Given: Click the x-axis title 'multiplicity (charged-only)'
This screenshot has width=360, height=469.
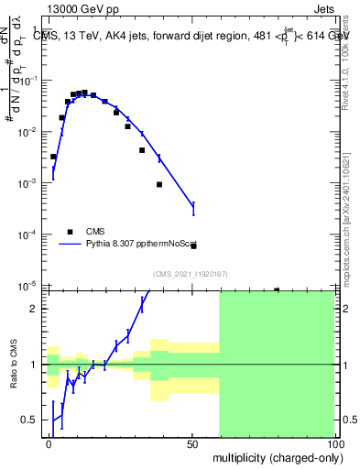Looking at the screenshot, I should tap(272, 456).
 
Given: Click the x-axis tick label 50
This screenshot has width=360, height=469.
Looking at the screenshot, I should tap(192, 442).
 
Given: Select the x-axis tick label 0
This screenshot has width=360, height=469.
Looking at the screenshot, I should tap(49, 442).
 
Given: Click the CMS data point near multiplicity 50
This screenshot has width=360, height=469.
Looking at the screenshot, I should tap(193, 245).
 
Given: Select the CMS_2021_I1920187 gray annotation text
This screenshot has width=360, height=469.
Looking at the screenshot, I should tap(190, 273).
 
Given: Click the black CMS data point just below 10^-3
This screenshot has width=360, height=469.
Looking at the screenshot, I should tap(159, 184).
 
